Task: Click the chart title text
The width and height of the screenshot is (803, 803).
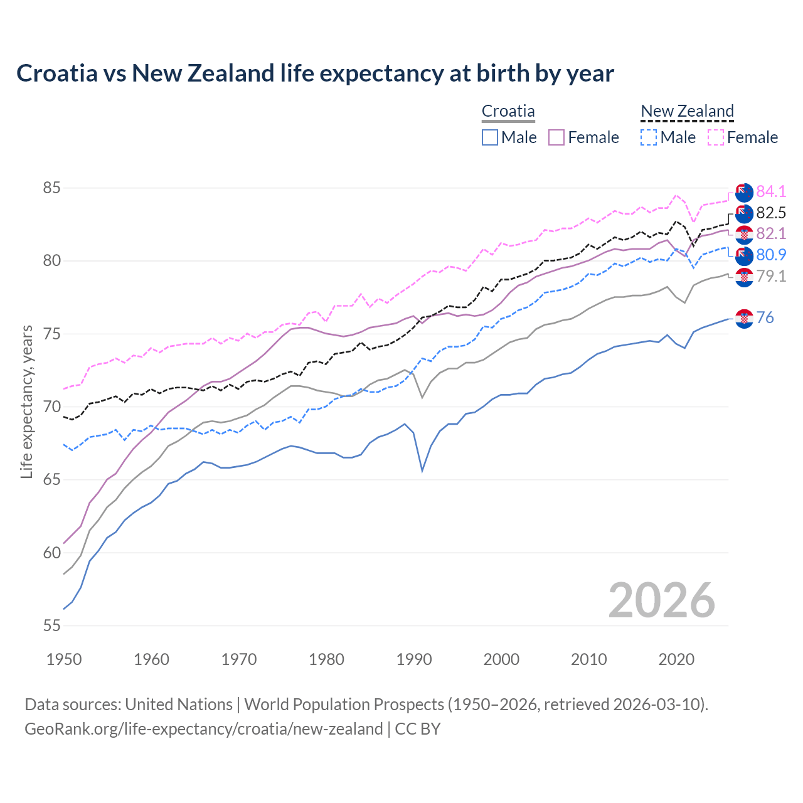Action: pos(315,73)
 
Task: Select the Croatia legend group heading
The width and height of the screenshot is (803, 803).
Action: pos(508,112)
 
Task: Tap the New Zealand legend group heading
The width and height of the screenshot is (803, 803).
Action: pos(687,112)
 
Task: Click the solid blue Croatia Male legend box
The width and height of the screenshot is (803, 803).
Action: pos(490,137)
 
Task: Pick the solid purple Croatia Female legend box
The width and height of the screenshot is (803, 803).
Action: pos(556,137)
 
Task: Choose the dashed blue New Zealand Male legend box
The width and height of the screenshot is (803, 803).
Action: pos(649,137)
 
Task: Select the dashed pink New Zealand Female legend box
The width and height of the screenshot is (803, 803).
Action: pos(715,137)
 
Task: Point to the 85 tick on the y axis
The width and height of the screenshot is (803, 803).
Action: pos(52,188)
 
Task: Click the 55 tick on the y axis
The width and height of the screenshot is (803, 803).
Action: pos(52,625)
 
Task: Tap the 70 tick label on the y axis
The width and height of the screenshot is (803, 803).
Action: pos(52,407)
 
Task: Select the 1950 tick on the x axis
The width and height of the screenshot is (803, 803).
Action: pos(64,659)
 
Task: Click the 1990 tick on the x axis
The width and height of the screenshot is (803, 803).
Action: pos(414,659)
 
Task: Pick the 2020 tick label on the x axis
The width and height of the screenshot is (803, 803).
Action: pos(676,659)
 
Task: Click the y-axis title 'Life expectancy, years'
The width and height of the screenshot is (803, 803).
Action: pos(26,401)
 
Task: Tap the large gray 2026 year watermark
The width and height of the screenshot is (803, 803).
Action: pos(662,600)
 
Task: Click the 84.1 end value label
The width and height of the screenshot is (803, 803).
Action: pos(771,192)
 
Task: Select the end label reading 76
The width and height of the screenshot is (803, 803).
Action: pos(765,318)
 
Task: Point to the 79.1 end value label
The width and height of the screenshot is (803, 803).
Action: pos(771,277)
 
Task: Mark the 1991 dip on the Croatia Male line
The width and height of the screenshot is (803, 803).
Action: pos(422,471)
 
